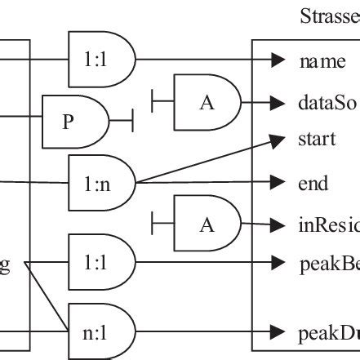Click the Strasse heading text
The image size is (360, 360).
[330, 16]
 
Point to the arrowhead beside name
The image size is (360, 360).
[278, 60]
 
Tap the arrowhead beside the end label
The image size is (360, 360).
[278, 183]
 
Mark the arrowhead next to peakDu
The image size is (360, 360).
[278, 332]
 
